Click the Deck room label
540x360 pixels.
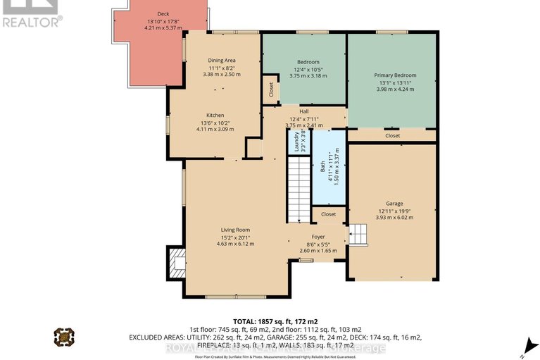tap(163, 13)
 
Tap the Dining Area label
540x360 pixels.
tap(221, 61)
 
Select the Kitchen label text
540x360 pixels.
tap(215, 116)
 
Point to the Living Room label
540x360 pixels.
tap(236, 230)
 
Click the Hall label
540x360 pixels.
tap(304, 111)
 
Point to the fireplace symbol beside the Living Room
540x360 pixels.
tap(175, 264)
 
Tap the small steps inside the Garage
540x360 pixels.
tap(358, 233)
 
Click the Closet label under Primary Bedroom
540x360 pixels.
tap(392, 135)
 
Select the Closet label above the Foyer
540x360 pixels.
tap(328, 214)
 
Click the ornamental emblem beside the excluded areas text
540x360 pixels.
tap(63, 337)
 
